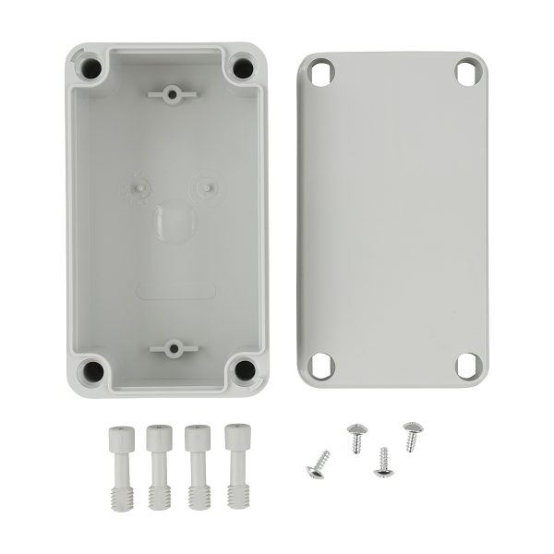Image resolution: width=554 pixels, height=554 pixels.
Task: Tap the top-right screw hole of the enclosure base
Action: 242,67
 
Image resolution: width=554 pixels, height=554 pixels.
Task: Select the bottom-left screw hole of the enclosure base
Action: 92,371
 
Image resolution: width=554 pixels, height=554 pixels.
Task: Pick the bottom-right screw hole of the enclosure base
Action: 244,370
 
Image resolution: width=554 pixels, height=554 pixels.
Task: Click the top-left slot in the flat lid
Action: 320,73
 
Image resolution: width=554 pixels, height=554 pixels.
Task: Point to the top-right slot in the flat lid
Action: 467,72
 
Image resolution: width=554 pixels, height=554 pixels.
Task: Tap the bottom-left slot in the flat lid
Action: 321,366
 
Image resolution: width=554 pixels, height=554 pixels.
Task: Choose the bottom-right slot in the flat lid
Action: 468,366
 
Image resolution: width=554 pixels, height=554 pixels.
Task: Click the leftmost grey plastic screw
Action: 119,466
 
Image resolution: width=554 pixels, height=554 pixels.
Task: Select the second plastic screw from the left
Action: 159,466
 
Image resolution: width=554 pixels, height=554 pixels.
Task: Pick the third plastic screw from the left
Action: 197,466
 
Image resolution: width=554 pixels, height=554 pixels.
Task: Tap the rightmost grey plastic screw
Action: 236,466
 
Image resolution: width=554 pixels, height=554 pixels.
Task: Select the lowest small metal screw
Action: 383,462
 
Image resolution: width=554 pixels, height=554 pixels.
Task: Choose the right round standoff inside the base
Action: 206,187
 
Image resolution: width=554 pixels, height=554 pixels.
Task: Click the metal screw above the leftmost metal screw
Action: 356,436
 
